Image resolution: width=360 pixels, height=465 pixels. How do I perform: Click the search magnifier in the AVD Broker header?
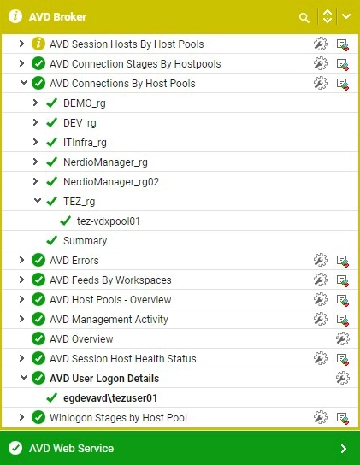click(x=304, y=17)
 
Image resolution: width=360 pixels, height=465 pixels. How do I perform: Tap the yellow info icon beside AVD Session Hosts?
click(x=38, y=44)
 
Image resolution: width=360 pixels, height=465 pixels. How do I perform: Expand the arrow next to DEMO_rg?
click(x=35, y=103)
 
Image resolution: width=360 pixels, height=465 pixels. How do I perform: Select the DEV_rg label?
click(x=80, y=123)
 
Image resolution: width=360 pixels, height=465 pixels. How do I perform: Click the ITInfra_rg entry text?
click(x=85, y=143)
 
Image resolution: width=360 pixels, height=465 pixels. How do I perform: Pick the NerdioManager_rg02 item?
click(x=111, y=182)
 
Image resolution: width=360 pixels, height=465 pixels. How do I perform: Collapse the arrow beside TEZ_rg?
click(x=37, y=201)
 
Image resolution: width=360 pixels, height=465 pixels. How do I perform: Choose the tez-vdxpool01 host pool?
click(x=109, y=221)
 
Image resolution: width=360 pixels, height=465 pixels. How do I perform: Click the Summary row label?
click(x=86, y=240)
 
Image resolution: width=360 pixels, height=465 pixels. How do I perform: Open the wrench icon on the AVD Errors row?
click(x=321, y=260)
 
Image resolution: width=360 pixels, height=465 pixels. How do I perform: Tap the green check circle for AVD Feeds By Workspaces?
click(x=38, y=280)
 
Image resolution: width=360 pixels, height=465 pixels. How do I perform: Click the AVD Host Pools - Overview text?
click(x=110, y=299)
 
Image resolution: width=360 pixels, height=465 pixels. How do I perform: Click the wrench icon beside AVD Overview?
click(x=343, y=338)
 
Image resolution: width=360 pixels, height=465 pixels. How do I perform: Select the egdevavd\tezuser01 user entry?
click(x=110, y=398)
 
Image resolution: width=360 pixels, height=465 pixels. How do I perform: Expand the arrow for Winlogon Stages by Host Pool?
click(x=21, y=417)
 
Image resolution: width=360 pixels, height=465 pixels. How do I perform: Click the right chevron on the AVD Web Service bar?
click(x=344, y=449)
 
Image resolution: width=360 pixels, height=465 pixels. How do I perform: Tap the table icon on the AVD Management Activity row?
click(x=343, y=320)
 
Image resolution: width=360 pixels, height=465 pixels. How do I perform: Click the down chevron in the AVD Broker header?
click(x=346, y=16)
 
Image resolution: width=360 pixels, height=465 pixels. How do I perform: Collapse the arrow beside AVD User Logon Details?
click(x=23, y=378)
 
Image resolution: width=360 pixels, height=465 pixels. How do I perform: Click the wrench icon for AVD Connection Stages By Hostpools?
click(x=321, y=63)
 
